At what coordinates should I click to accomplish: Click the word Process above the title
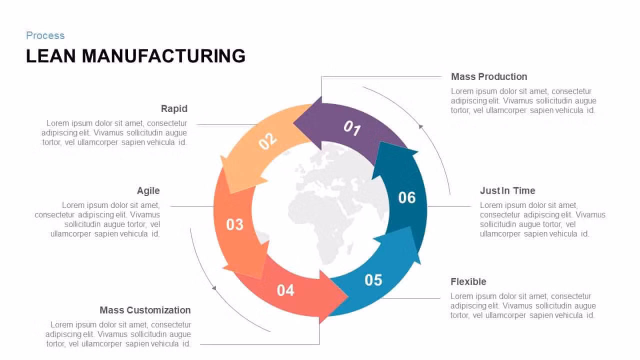pos(45,35)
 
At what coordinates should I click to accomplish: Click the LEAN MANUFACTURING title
pos(135,55)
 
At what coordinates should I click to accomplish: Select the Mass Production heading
pos(489,76)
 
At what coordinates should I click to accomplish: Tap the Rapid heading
pos(174,108)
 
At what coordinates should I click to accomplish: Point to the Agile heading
pos(148,190)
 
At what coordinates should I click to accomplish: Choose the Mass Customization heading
pos(145,310)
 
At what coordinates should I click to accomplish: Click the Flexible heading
pos(468,281)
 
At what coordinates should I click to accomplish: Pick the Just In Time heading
pos(507,190)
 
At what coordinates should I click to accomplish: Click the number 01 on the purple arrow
pos(352,128)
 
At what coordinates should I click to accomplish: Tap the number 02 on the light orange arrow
pos(267,141)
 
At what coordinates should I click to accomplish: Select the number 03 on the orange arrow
pos(234,224)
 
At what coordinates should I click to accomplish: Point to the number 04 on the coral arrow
pos(285,290)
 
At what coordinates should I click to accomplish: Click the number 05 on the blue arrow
pos(373,280)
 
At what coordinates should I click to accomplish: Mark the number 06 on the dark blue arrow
pos(407,197)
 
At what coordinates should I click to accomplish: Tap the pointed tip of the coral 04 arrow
pos(347,297)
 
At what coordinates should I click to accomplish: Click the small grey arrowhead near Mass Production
pos(420,126)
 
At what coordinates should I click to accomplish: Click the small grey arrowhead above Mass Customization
pos(214,287)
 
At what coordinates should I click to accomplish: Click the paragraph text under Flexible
pos(523,305)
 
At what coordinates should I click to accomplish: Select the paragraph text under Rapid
pos(114,133)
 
